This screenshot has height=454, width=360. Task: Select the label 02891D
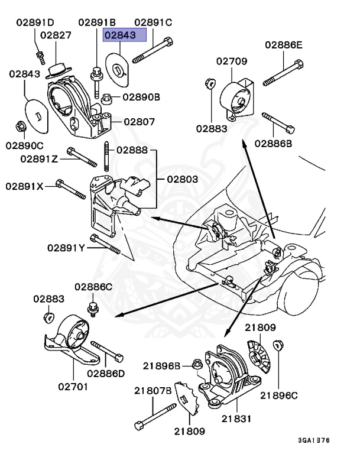34,22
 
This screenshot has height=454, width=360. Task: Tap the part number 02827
56,35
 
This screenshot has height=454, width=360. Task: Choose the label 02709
231,61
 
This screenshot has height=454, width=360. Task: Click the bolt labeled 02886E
283,71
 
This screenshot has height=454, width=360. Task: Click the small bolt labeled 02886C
93,307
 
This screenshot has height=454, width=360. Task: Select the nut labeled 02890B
107,98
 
